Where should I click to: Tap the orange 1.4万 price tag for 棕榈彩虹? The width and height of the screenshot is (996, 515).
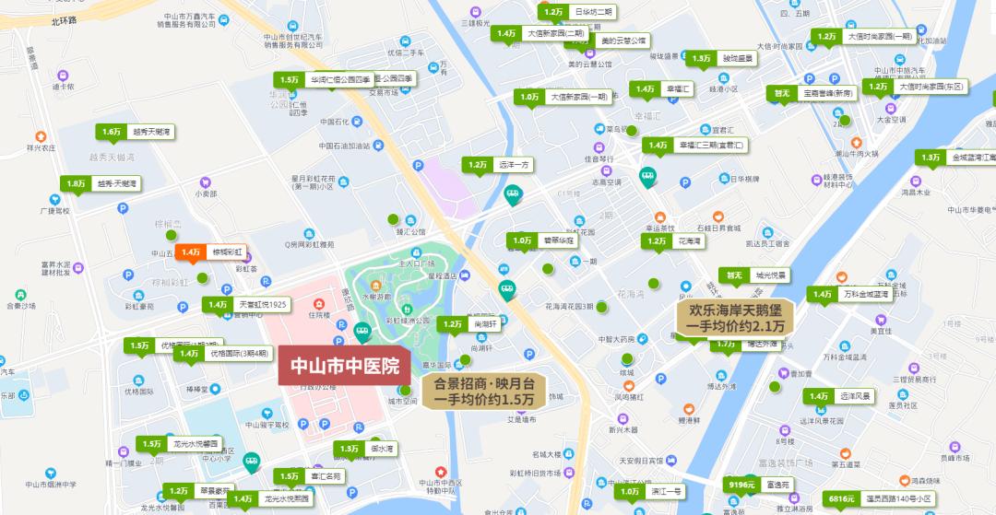pyautogui.click(x=191, y=252)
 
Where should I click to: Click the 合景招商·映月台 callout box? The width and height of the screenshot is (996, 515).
pyautogui.click(x=484, y=391)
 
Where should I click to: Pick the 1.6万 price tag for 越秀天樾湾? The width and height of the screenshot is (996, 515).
pyautogui.click(x=112, y=132)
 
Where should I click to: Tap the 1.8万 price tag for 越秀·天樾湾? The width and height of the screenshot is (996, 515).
pyautogui.click(x=76, y=184)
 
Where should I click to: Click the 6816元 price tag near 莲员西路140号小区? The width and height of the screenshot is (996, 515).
pyautogui.click(x=841, y=498)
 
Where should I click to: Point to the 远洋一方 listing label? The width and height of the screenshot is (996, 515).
pyautogui.click(x=515, y=165)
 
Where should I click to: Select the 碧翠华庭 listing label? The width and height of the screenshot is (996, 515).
pyautogui.click(x=559, y=240)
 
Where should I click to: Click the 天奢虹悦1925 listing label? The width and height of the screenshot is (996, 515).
pyautogui.click(x=264, y=304)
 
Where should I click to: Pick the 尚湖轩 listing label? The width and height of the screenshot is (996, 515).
pyautogui.click(x=485, y=324)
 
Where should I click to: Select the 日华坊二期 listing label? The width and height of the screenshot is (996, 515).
pyautogui.click(x=592, y=12)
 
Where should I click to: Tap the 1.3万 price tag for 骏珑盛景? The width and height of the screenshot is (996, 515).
pyautogui.click(x=700, y=58)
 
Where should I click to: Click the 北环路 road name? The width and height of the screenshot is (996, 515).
pyautogui.click(x=65, y=19)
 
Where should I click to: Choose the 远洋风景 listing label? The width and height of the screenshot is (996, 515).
pyautogui.click(x=855, y=396)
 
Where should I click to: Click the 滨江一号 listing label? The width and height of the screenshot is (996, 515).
pyautogui.click(x=665, y=492)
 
